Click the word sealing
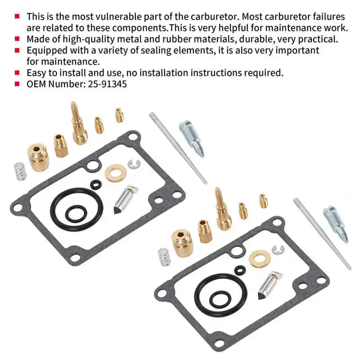[x=155, y=50]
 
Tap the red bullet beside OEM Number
[x=17, y=84]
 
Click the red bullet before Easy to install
[x=17, y=72]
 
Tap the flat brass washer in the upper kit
[x=116, y=173]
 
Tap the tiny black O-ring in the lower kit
[x=240, y=269]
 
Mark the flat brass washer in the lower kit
[x=260, y=258]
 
